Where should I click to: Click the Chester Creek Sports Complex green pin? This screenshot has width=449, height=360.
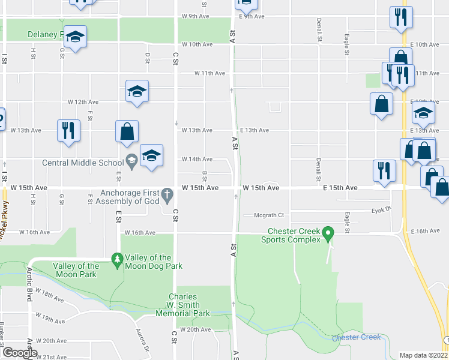tap(328, 232)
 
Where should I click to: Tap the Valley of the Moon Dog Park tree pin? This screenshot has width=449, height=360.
tap(118, 258)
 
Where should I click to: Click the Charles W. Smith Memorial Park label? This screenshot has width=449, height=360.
tap(183, 305)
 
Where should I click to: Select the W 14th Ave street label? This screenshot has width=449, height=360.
tap(197, 159)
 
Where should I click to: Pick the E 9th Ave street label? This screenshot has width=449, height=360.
tap(251, 16)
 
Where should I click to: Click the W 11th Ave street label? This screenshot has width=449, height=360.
tap(209, 73)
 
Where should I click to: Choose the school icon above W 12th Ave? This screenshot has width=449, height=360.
tap(137, 91)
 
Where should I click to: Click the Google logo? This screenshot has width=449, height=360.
tap(20, 352)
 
